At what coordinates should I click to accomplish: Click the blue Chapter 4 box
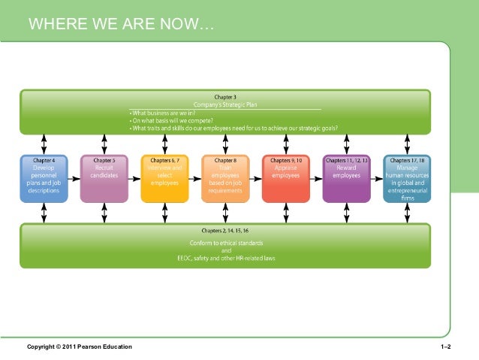(x=44, y=178)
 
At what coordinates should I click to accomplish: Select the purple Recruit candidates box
(x=104, y=178)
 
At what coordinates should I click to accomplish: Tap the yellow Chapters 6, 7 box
(x=164, y=178)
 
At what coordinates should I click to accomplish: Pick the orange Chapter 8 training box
(x=225, y=178)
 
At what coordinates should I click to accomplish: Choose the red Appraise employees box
(x=286, y=178)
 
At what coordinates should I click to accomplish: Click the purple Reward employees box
(x=346, y=178)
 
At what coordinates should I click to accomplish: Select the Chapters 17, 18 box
(x=407, y=178)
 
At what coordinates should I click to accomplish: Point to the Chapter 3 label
(x=225, y=97)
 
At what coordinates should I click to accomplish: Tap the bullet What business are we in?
(x=161, y=113)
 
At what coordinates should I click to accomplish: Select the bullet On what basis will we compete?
(x=171, y=120)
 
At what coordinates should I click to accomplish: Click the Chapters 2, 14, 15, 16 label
(x=225, y=230)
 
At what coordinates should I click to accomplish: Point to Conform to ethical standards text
(x=225, y=242)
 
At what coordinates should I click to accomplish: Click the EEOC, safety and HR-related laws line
(x=225, y=258)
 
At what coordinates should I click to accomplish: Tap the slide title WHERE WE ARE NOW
(x=120, y=28)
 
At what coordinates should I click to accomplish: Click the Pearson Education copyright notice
(x=79, y=346)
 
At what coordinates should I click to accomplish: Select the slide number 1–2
(x=445, y=346)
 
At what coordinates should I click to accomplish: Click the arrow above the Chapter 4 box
(x=44, y=143)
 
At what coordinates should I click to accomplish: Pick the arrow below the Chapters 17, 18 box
(x=407, y=213)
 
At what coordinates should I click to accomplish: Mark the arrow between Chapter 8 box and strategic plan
(x=225, y=143)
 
